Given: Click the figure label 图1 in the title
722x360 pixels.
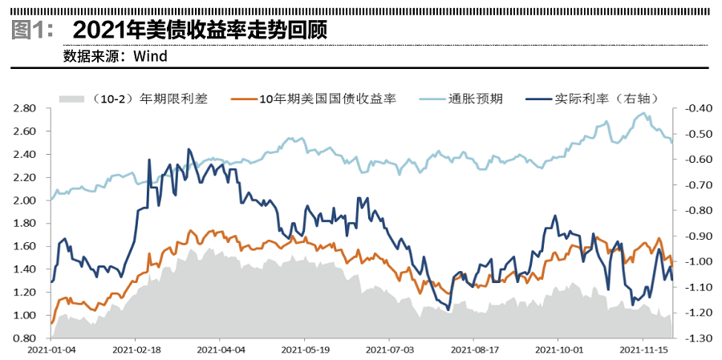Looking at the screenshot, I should click(x=33, y=30).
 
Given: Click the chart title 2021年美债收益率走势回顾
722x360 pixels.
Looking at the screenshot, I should click(x=200, y=30).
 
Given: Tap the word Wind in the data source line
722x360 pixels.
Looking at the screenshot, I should click(x=150, y=56).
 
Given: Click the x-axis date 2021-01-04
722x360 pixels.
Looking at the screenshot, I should click(x=51, y=350).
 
